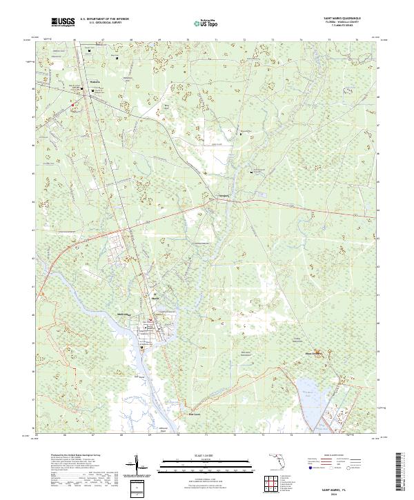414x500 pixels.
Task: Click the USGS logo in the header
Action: coord(63,23)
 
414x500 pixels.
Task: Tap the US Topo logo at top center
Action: coord(204,23)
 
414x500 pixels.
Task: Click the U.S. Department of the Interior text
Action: coord(104,19)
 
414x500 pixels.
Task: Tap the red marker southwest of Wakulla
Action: coord(73,104)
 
